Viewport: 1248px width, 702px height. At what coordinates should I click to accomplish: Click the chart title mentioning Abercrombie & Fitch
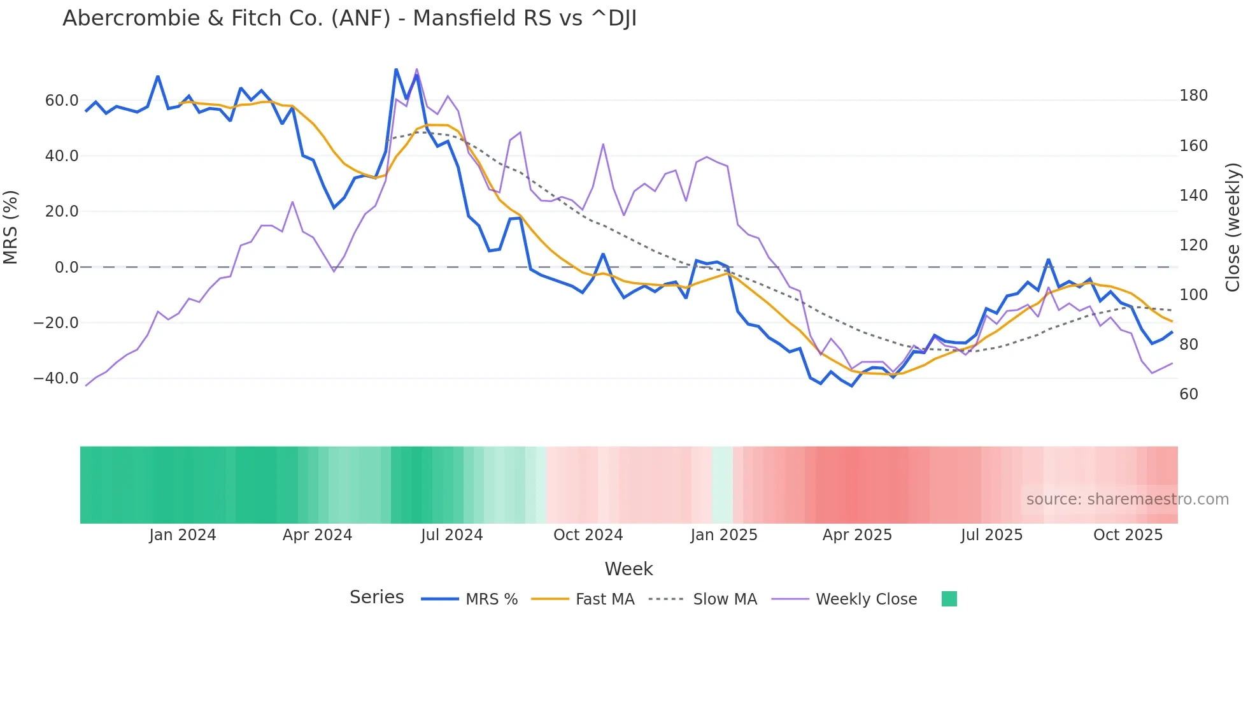click(x=350, y=18)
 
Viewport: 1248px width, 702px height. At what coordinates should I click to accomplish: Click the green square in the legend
click(x=949, y=599)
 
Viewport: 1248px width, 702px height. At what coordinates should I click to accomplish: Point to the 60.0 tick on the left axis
click(x=62, y=101)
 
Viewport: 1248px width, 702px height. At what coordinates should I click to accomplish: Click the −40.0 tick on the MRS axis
click(x=56, y=378)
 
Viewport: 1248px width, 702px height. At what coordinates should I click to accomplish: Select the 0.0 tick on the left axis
click(x=66, y=268)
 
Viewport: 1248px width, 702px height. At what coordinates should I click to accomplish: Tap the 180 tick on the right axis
click(x=1193, y=96)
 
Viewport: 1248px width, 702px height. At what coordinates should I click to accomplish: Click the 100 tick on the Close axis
click(x=1193, y=295)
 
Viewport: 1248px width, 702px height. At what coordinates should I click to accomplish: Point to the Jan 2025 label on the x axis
click(x=724, y=535)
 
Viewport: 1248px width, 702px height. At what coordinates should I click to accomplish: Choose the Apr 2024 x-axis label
click(x=317, y=535)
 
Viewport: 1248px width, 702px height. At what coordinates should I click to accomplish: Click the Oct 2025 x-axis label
click(x=1128, y=535)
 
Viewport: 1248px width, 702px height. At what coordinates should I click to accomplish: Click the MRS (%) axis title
click(x=11, y=227)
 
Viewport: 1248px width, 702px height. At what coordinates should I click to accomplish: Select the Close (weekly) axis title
click(x=1233, y=227)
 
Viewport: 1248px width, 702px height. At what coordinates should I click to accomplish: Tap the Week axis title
click(x=628, y=569)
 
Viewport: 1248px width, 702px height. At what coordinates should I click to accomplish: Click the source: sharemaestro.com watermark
click(x=1127, y=499)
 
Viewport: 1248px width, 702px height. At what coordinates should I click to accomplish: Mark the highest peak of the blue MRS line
click(x=396, y=69)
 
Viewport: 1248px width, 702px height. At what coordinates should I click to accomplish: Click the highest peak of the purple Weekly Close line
click(x=417, y=69)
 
